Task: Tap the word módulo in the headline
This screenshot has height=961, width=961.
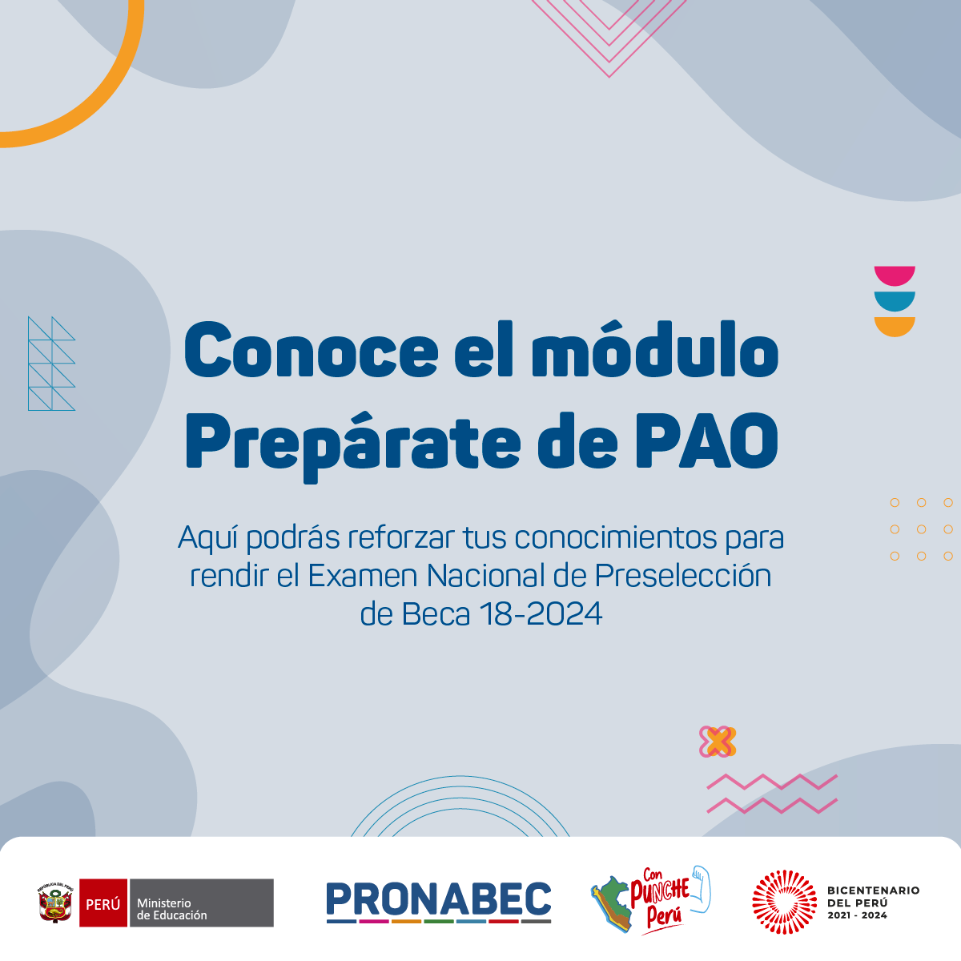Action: point(655,347)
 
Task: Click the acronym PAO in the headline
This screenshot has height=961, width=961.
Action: point(707,440)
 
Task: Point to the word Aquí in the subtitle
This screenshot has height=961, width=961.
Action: point(208,538)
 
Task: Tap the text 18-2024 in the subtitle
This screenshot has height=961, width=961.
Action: point(541,614)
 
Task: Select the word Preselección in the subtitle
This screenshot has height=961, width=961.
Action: point(683,575)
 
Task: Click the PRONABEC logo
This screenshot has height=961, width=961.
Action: point(438,903)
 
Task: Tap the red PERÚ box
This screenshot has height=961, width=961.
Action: point(103,903)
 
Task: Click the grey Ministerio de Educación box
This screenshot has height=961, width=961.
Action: point(202,903)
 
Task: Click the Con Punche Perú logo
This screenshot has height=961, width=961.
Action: point(651,901)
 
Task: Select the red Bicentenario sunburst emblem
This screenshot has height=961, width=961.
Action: point(785,902)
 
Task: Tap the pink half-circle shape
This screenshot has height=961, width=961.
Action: point(895,275)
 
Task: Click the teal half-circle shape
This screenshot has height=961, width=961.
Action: point(895,300)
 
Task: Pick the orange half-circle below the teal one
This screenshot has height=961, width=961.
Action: point(895,326)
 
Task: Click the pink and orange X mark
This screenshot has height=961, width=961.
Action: point(718,742)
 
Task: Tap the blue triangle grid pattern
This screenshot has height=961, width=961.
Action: point(52,364)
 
